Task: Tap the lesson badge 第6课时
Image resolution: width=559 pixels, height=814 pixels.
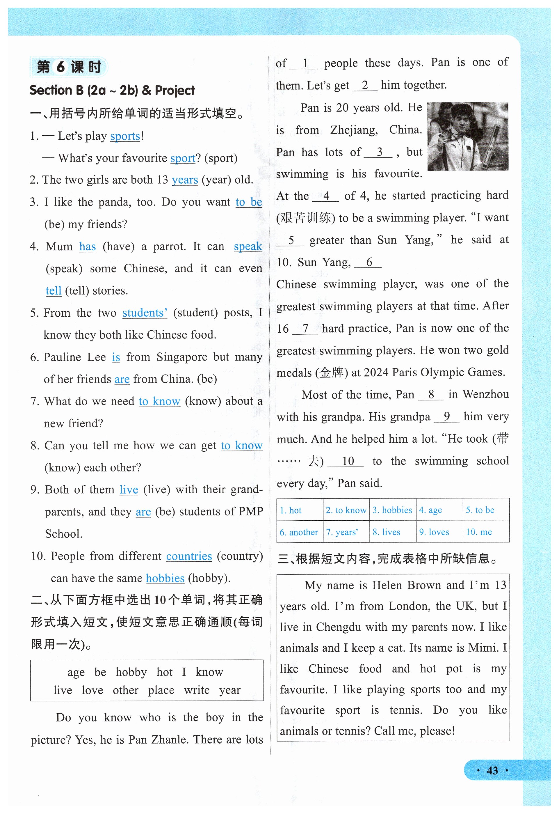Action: coord(69,67)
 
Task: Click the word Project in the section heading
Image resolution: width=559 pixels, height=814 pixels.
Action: coord(175,91)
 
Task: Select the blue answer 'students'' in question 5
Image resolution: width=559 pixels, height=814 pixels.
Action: coord(145,313)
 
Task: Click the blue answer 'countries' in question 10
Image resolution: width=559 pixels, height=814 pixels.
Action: coord(189,556)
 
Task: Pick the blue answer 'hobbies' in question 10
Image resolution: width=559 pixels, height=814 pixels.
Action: coord(165,578)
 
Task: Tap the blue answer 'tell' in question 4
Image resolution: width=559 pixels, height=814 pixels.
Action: coord(53,290)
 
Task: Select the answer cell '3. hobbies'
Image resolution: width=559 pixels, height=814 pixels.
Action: coord(392,510)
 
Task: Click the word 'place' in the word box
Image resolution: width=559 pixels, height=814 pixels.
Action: coord(161,690)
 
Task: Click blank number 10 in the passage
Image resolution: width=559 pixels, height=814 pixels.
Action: coord(348,461)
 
